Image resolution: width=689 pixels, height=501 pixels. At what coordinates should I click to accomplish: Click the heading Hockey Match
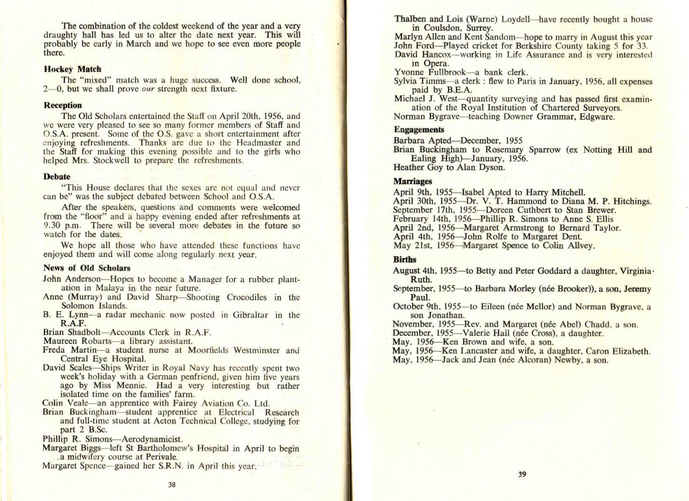click(73, 69)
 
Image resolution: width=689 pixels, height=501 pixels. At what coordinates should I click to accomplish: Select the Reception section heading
click(63, 105)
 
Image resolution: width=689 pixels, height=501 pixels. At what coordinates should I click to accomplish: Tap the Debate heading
click(57, 177)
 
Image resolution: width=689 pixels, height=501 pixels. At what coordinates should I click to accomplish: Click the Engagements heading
click(419, 130)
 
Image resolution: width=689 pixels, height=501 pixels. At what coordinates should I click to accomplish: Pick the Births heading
click(405, 259)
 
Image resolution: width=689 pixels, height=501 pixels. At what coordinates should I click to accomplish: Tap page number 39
click(522, 474)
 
